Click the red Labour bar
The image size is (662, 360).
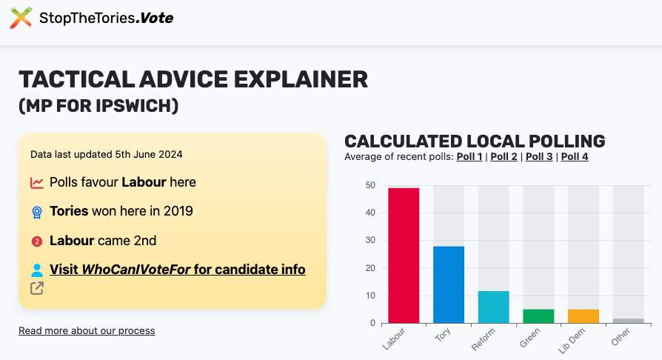pos(404,256)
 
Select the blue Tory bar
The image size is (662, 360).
pos(449,284)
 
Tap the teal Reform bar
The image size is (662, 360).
pos(494,307)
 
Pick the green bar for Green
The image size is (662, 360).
pos(538,316)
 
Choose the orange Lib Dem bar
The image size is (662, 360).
pos(584,316)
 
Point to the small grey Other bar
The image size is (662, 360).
pos(629,321)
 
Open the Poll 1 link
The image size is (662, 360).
pos(469,156)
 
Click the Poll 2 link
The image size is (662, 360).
pos(504,156)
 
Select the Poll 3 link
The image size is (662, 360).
pos(539,156)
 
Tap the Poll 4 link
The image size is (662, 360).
pos(575,156)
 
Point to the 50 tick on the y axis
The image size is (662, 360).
pos(370,185)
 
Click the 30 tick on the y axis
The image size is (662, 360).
pos(370,241)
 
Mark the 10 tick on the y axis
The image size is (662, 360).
pos(370,296)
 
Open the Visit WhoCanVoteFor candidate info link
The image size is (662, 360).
pos(177,270)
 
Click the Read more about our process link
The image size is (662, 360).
pos(87,330)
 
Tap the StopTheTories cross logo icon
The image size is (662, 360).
pos(21,18)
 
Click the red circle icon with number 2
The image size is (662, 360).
pos(37,241)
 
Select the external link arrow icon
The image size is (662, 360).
pos(37,288)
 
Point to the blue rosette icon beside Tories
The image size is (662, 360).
pos(37,212)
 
